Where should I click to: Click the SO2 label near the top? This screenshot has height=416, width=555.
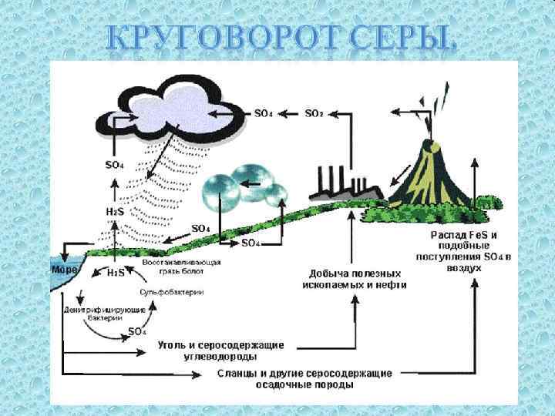click(314, 113)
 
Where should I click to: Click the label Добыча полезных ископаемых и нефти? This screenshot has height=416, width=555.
click(355, 279)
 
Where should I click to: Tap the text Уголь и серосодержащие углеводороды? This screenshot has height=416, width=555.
click(221, 350)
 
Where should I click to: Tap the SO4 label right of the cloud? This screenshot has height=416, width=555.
click(263, 113)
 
